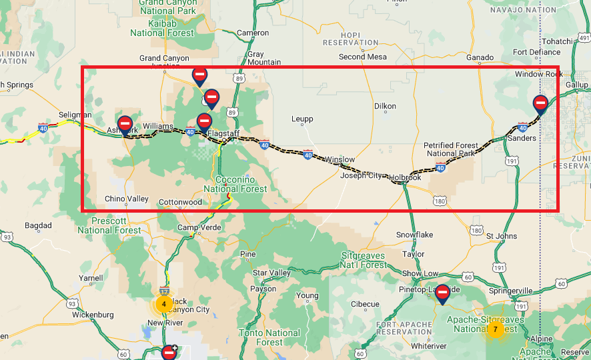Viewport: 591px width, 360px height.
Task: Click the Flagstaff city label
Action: pyautogui.click(x=223, y=133)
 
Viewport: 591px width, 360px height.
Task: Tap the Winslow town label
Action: pyautogui.click(x=340, y=160)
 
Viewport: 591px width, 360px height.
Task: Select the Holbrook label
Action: pyautogui.click(x=405, y=177)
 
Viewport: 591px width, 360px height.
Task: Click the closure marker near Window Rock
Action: pyautogui.click(x=540, y=104)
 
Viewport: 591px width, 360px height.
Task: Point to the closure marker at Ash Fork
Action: pyautogui.click(x=124, y=125)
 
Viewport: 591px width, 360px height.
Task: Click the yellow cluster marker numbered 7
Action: pyautogui.click(x=495, y=329)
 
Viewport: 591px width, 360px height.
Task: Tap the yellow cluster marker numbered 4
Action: pyautogui.click(x=164, y=304)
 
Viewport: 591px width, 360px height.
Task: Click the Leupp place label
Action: pyautogui.click(x=302, y=119)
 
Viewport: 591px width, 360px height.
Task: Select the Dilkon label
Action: pyautogui.click(x=385, y=106)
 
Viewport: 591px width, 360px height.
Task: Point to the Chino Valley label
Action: pyautogui.click(x=127, y=199)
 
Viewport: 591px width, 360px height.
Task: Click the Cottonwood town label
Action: pyautogui.click(x=180, y=202)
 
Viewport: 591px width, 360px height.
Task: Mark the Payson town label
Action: pyautogui.click(x=263, y=289)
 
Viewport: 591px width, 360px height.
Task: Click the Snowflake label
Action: pyautogui.click(x=414, y=235)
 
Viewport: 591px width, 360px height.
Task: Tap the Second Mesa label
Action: pyautogui.click(x=362, y=57)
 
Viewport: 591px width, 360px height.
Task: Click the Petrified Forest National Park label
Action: pyautogui.click(x=451, y=149)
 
